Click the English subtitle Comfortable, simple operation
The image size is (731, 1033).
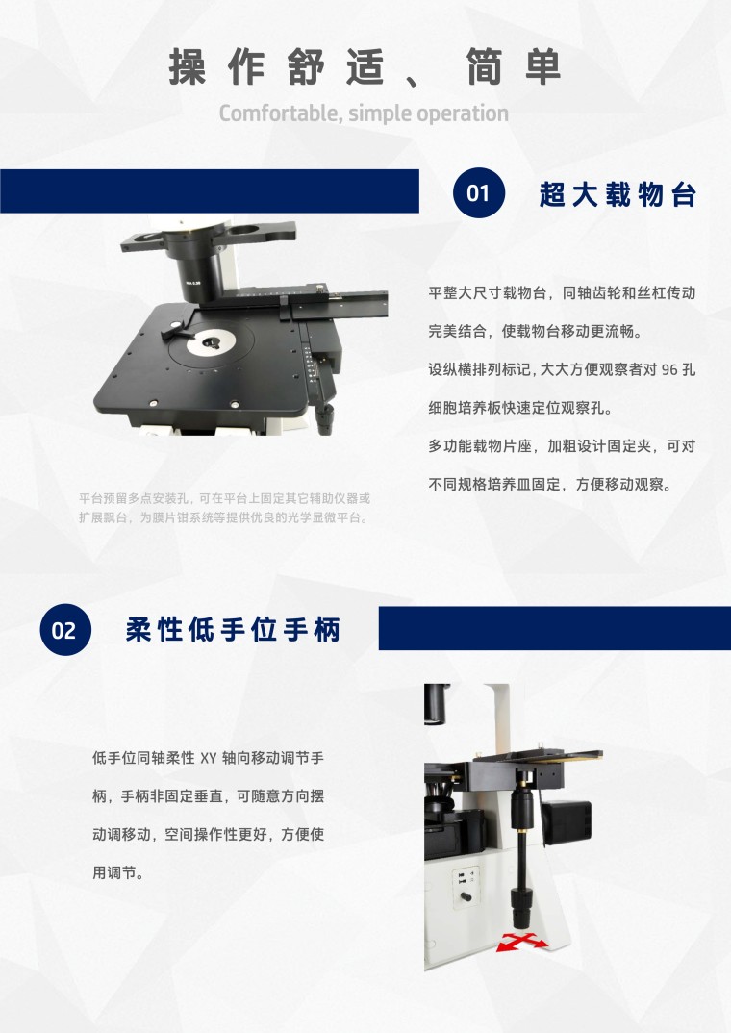click(364, 113)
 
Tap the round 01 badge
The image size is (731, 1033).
click(479, 192)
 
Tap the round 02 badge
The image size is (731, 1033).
click(64, 630)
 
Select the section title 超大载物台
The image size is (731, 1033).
click(618, 194)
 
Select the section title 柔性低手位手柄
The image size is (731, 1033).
click(233, 630)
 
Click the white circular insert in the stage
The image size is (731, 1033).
click(211, 341)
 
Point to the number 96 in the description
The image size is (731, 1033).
click(669, 369)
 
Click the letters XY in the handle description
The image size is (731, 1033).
click(208, 758)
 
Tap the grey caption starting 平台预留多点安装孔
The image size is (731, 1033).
click(224, 508)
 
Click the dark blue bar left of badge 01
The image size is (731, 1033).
click(210, 191)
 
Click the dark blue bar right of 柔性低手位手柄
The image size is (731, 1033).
click(555, 628)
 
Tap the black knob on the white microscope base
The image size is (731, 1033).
click(466, 897)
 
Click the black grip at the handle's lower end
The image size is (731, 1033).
click(522, 906)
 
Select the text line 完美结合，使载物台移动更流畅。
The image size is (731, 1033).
click(535, 332)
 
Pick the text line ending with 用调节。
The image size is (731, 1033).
click(118, 873)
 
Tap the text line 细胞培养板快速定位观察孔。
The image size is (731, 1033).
click(520, 408)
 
